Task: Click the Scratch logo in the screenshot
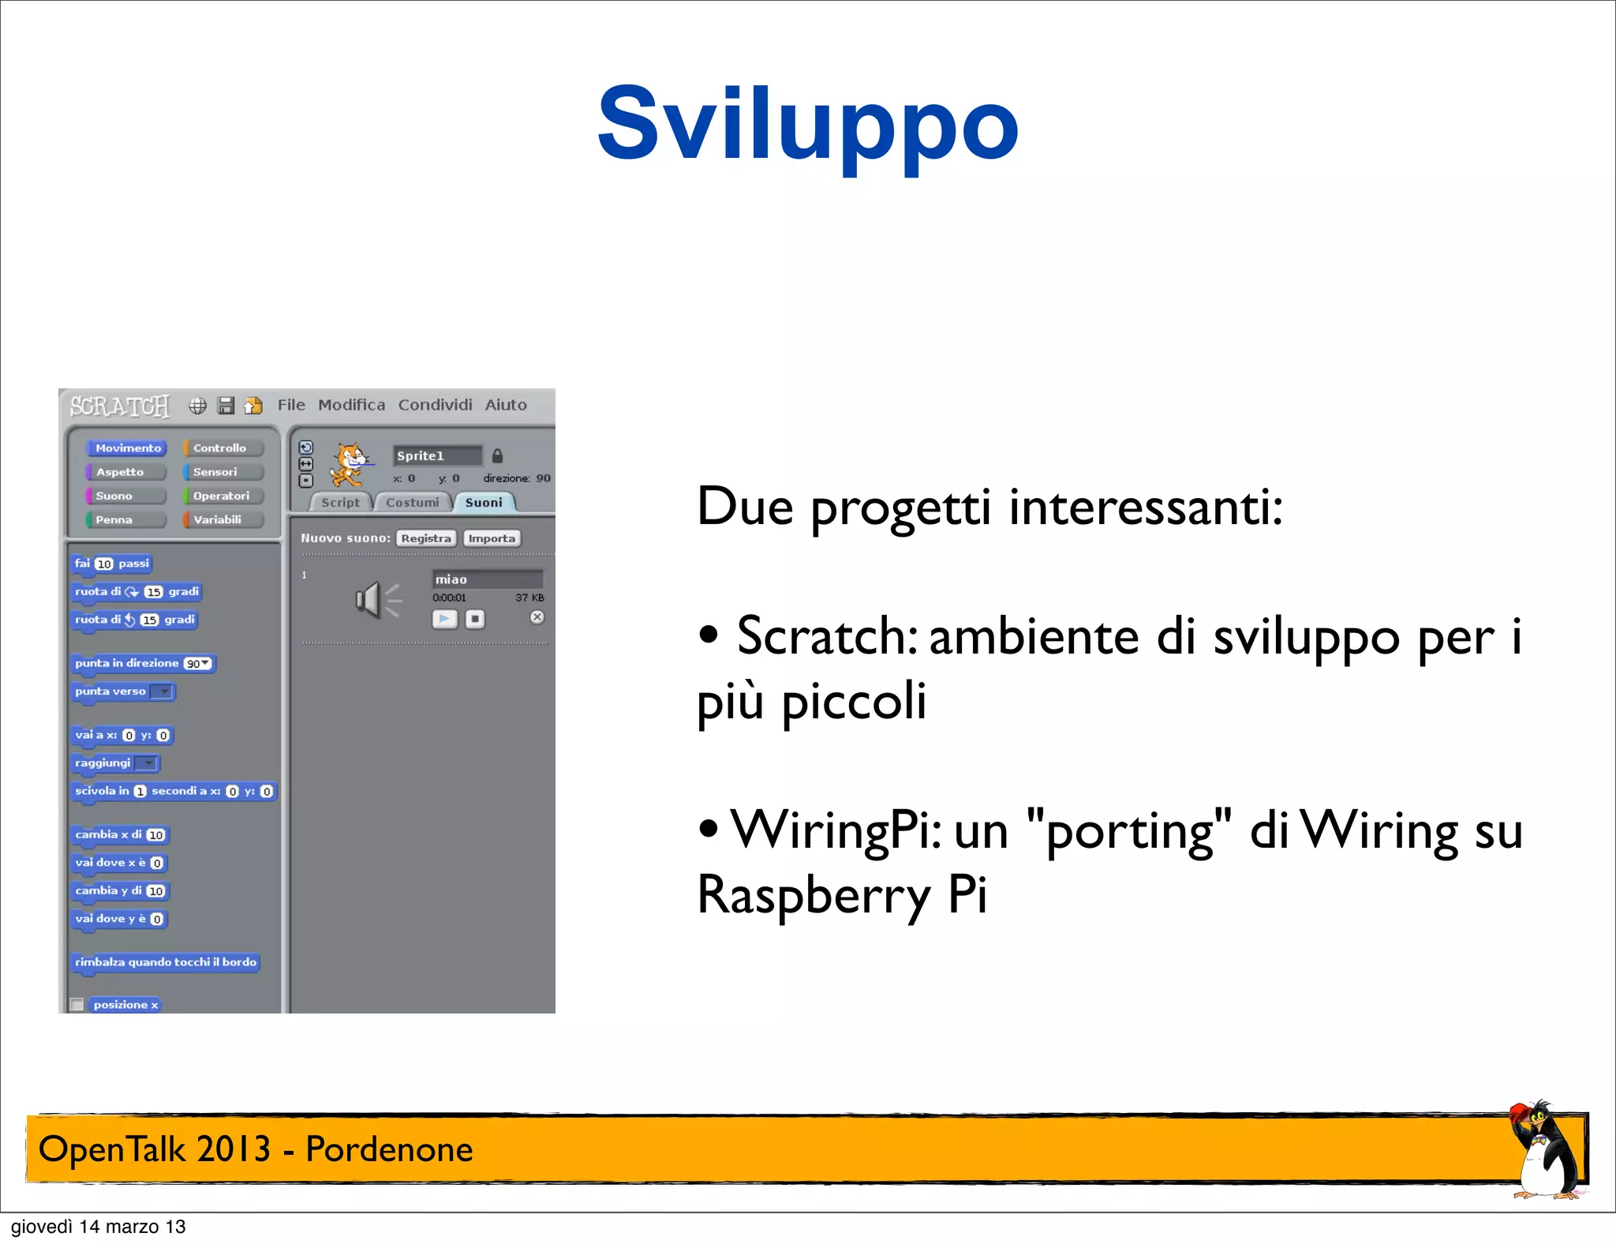119,406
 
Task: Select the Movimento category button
127,448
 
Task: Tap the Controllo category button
222,448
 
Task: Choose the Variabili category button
220,520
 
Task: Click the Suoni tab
484,503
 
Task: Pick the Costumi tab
413,503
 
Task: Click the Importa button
492,538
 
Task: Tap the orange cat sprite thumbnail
348,464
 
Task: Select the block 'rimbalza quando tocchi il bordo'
165,962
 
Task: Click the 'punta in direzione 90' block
143,664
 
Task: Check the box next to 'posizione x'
77,1004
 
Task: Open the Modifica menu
351,405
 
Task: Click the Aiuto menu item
506,405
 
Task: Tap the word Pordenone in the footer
389,1149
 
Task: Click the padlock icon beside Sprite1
497,456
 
